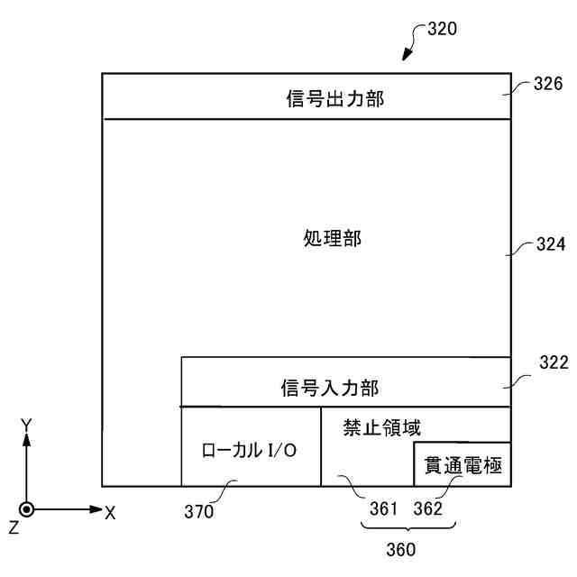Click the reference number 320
click(442, 28)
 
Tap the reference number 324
click(549, 244)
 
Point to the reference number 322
click(553, 363)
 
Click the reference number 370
click(199, 512)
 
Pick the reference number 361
click(384, 508)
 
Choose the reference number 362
click(428, 508)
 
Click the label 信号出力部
click(329, 99)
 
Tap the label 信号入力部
click(329, 389)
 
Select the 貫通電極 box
click(463, 464)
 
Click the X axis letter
click(111, 512)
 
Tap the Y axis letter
click(27, 424)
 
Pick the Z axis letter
click(14, 527)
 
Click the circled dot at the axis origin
click(27, 509)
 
